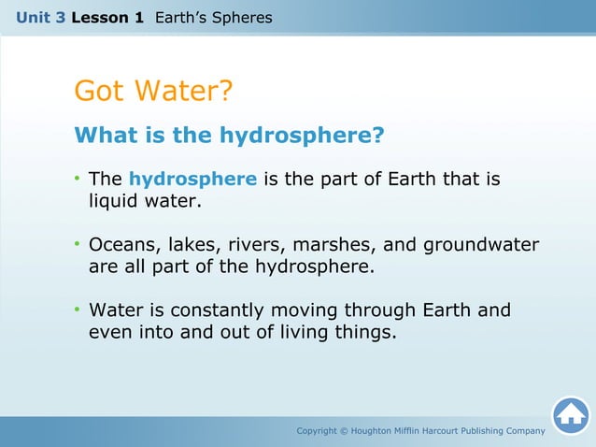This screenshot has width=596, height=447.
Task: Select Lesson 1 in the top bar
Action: pos(108,17)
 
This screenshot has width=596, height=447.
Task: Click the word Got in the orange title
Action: pos(100,92)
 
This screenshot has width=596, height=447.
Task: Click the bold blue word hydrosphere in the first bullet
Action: pos(192,179)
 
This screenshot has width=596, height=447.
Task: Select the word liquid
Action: pos(117,200)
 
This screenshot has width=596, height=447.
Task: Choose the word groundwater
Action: pos(481,245)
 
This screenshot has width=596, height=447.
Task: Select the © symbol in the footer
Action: pos(341,430)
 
